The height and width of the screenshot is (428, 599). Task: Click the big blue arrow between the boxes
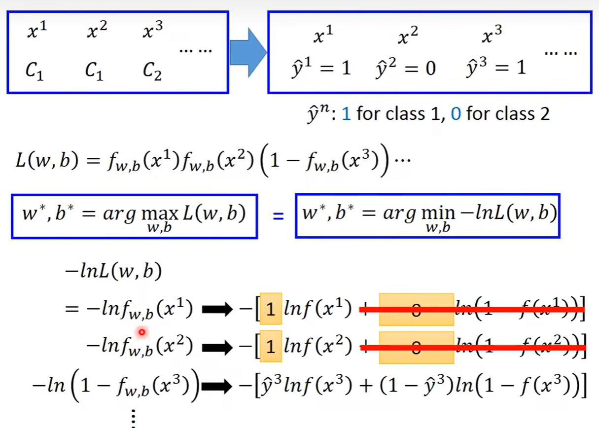[x=247, y=52]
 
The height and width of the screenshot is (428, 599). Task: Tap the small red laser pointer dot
[x=142, y=332]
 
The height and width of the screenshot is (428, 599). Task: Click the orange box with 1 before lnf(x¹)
[x=270, y=309]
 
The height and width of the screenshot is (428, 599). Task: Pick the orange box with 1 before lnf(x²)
[x=270, y=347]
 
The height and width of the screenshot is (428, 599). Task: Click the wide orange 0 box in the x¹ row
[x=416, y=309]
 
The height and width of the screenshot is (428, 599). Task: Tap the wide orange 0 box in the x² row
[x=416, y=347]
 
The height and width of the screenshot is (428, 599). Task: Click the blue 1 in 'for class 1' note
[x=346, y=114]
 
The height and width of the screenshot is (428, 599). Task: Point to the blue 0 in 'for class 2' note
[x=456, y=114]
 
